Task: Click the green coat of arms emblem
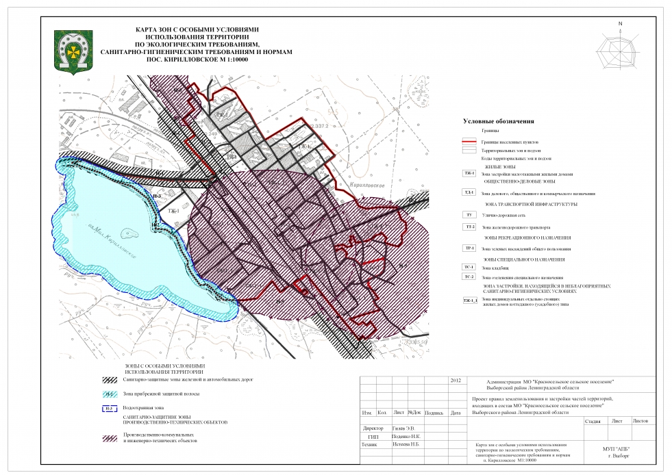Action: pyautogui.click(x=71, y=50)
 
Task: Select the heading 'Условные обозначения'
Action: pyautogui.click(x=498, y=121)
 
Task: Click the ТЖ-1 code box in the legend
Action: pyautogui.click(x=470, y=174)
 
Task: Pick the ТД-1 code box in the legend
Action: pyautogui.click(x=470, y=193)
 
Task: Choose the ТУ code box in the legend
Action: pyautogui.click(x=470, y=215)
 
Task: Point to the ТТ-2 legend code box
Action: pyautogui.click(x=470, y=227)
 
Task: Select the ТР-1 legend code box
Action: pyautogui.click(x=470, y=248)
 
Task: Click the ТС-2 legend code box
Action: pyautogui.click(x=470, y=277)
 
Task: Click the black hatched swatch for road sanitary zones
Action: pyautogui.click(x=112, y=379)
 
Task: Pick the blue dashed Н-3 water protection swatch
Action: pyautogui.click(x=112, y=409)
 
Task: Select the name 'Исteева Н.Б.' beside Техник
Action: pyautogui.click(x=406, y=444)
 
